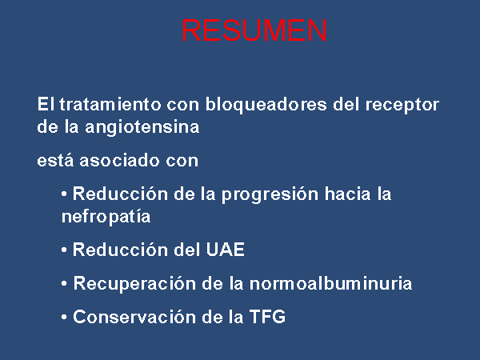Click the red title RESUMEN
pos(254,30)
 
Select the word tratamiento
pos(110,104)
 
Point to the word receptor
pos(402,105)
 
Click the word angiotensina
pos(142,127)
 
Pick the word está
pos(55,161)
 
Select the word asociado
pos(119,161)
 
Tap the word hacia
pos(347,194)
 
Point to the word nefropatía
pos(106,217)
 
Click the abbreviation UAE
pos(226,250)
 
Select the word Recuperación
pos(134,284)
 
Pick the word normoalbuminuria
pos(330,283)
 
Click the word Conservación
pos(134,317)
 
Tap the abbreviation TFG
pos(267,317)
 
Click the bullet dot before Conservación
pos(64,317)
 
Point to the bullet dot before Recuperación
pos(64,284)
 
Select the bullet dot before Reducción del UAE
pos(64,250)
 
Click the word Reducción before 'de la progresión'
pos(120,194)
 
